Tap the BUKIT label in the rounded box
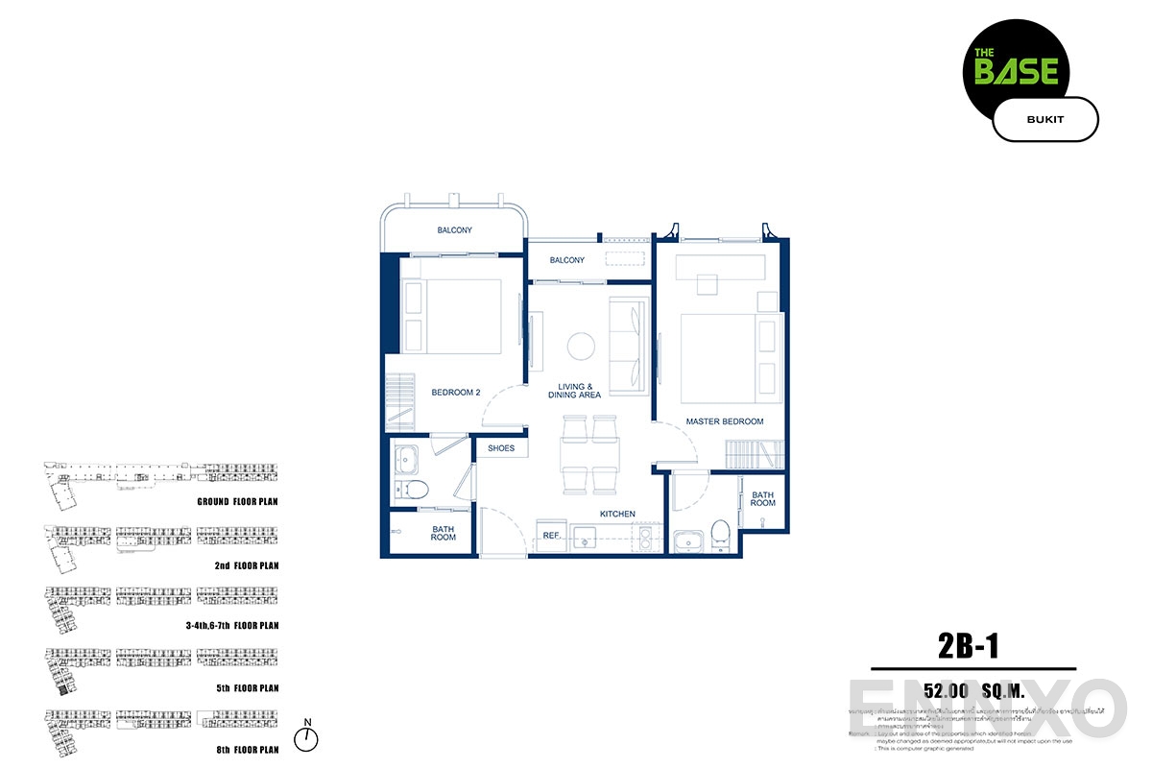pyautogui.click(x=1044, y=120)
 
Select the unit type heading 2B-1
pyautogui.click(x=969, y=646)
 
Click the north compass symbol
pyautogui.click(x=306, y=737)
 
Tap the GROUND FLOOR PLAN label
pyautogui.click(x=236, y=502)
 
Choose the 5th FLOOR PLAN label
pyautogui.click(x=247, y=688)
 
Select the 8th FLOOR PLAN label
pyautogui.click(x=247, y=749)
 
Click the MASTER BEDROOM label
pyautogui.click(x=724, y=421)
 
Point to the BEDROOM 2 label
pyautogui.click(x=455, y=392)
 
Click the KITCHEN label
pyautogui.click(x=617, y=515)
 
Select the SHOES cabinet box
pyautogui.click(x=501, y=448)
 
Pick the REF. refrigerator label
pyautogui.click(x=551, y=536)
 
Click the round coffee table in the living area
pyautogui.click(x=581, y=346)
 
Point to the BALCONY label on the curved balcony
pyautogui.click(x=455, y=230)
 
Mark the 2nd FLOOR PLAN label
pyautogui.click(x=247, y=566)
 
